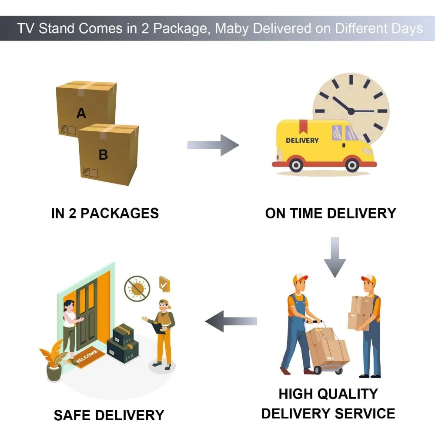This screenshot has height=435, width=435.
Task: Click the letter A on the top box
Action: tap(81, 114)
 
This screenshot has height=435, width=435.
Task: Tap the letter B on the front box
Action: tap(103, 154)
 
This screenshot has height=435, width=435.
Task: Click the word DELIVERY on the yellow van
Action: tap(302, 141)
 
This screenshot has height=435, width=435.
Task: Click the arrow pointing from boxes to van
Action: tap(213, 145)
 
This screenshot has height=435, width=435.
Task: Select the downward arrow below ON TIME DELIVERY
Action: tap(335, 257)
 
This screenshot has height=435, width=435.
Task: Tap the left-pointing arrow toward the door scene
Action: tap(231, 321)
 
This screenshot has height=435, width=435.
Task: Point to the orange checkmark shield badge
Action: tap(164, 283)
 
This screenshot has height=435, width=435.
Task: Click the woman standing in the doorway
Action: tap(70, 326)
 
